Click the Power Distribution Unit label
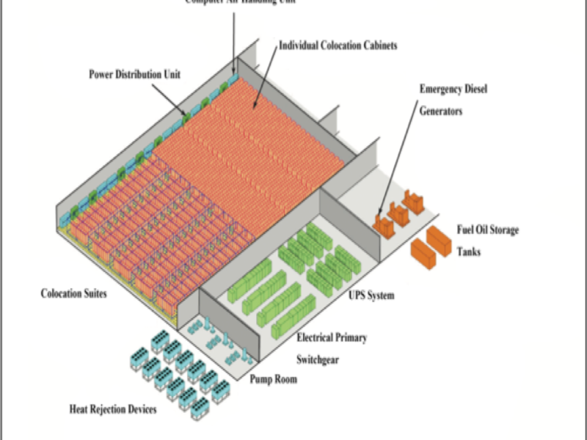pos(134,74)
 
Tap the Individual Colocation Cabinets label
pos(338,45)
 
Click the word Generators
pos(441,112)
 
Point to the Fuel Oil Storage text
pos(487,230)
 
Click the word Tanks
pos(470,252)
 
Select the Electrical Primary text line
pos(332,338)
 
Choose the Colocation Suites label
pos(74,294)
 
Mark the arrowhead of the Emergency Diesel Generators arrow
pos(382,212)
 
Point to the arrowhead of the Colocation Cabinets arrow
pos(254,110)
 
